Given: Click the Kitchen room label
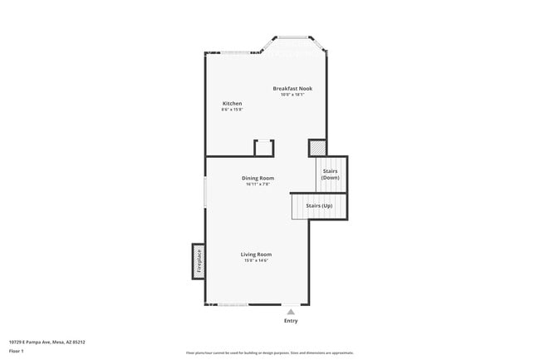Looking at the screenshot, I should pos(232,104).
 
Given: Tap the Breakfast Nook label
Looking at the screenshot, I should pos(292,88).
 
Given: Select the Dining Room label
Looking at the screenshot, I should pos(258,178).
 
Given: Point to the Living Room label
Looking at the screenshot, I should pos(256,254).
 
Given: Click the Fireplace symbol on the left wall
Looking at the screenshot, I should pos(199,261).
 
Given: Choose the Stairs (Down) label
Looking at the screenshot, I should pos(331,175).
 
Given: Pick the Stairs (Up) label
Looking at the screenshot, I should pos(319,205).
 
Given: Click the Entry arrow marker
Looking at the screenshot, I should pos(291,312).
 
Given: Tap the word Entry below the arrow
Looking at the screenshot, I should pos(291,321).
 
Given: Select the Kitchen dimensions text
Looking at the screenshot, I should pos(232,111).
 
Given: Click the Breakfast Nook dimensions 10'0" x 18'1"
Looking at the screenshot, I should pos(292,95).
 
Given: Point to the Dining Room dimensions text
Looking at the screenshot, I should pos(258,185).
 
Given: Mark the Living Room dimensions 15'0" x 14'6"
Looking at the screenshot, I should pos(256,261).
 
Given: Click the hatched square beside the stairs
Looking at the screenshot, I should pos(317,148).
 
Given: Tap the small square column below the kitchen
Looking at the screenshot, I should pos(264,148).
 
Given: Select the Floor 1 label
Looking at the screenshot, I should pos(17,351).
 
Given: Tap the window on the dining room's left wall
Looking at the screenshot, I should pos(205,190).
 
